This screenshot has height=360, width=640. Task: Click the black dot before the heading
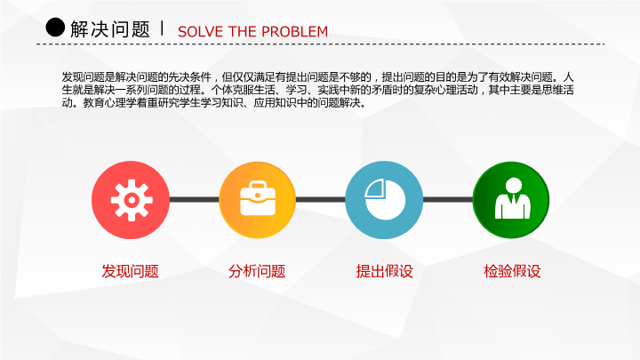[55, 28]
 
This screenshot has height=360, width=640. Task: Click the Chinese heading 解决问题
[110, 29]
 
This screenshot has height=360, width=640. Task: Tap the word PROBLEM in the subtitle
[295, 31]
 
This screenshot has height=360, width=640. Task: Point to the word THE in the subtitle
[243, 31]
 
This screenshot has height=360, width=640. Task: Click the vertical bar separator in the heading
[163, 28]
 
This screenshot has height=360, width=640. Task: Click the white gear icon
[132, 200]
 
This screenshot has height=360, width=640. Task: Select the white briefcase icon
[258, 199]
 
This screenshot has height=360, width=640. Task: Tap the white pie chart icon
[385, 200]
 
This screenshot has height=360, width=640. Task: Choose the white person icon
[513, 198]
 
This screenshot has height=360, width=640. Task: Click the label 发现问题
[130, 271]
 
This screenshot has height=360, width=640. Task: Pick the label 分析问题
[257, 271]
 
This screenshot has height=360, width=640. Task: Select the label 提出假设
[385, 271]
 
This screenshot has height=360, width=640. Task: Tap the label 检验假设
[512, 271]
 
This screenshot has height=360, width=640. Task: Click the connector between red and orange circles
[195, 200]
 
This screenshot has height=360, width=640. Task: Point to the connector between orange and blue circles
[320, 200]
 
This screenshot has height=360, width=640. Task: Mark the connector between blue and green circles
[448, 200]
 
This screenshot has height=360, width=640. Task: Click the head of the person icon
[514, 185]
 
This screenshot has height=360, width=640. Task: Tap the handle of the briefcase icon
[258, 186]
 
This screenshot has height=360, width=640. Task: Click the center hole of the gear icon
[132, 200]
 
